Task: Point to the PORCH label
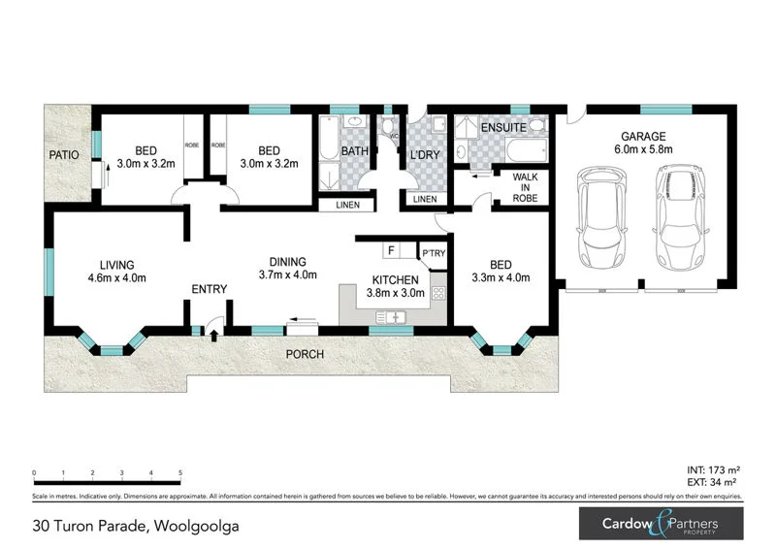(x=304, y=354)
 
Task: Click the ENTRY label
(x=209, y=289)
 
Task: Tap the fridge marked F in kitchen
(x=390, y=251)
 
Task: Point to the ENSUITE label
(x=503, y=128)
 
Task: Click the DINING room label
(x=287, y=261)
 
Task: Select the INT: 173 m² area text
(x=713, y=468)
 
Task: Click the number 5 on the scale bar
(x=180, y=473)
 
